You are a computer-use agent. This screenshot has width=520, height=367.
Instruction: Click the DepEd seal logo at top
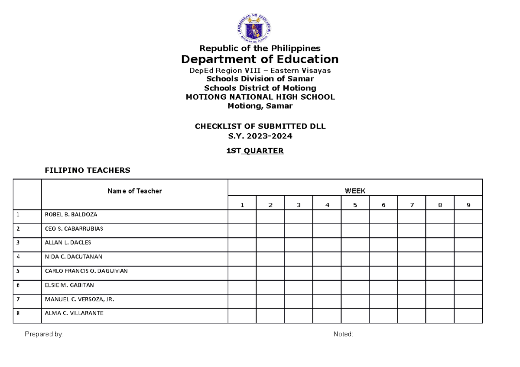(260, 28)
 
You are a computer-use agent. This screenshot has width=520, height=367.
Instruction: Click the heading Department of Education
(260, 59)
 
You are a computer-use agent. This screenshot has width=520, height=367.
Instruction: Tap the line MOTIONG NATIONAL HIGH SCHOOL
(260, 97)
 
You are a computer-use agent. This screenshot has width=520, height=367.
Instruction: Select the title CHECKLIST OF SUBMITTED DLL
(260, 127)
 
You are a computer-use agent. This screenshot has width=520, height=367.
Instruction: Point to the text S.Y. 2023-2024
(260, 136)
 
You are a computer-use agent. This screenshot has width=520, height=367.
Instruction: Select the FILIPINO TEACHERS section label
(88, 171)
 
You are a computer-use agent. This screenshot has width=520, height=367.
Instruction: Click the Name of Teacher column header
(135, 191)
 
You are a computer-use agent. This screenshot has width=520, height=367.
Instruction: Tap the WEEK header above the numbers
(355, 191)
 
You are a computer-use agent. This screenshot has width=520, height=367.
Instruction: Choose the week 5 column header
(355, 205)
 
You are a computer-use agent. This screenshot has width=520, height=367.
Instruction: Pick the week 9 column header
(468, 205)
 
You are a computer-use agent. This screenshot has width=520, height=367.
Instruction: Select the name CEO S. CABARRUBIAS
(74, 229)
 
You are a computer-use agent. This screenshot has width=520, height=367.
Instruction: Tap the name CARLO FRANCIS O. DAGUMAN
(86, 271)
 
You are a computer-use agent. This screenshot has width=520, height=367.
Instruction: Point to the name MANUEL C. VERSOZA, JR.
(79, 299)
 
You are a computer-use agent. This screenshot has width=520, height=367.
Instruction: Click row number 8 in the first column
(18, 313)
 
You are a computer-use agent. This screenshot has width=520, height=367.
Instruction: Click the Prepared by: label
(44, 334)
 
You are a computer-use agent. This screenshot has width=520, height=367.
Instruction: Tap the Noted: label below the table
(343, 334)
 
